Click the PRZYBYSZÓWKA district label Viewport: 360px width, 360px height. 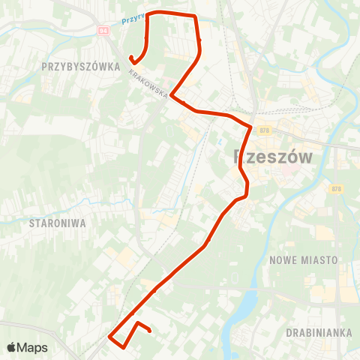coord(81,66)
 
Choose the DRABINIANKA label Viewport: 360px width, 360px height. coord(319,331)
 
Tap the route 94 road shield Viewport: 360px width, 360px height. coord(103,31)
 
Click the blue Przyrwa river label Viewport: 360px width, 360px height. coord(132,20)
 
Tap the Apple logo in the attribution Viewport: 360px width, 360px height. coord(11,347)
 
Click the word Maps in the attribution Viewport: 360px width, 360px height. coord(33,347)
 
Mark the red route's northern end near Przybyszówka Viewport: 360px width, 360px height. coord(131,58)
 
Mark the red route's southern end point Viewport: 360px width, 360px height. coord(150,330)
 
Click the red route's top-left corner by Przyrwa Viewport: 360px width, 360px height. coord(148,13)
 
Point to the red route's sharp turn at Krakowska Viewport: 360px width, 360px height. coord(172,95)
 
